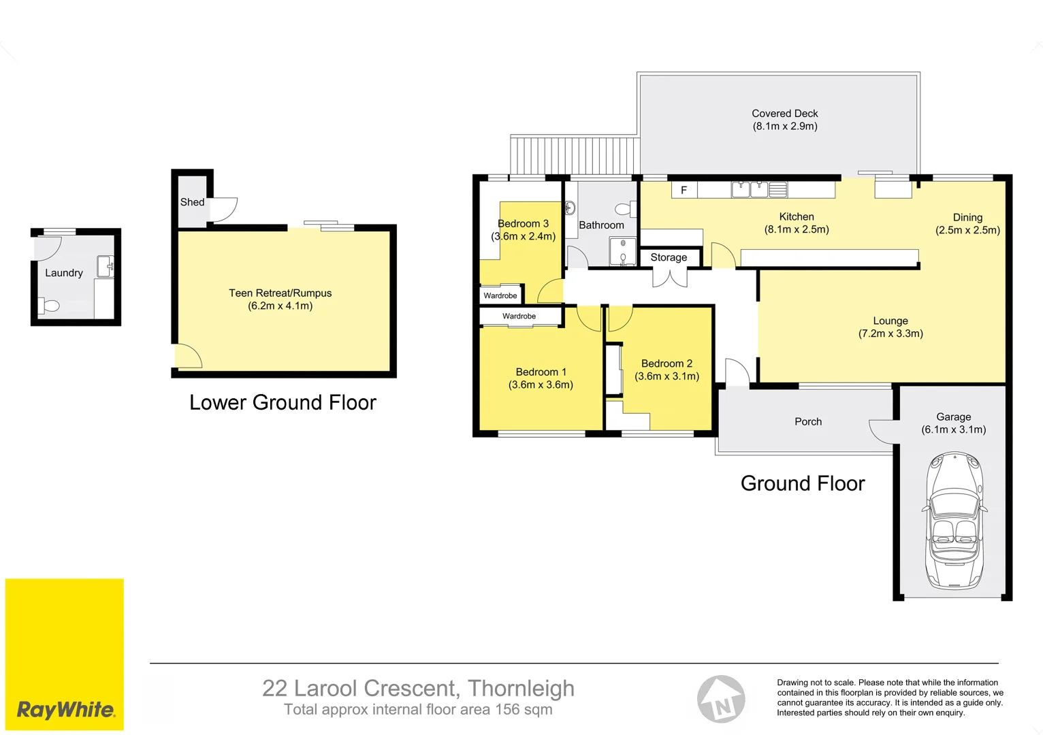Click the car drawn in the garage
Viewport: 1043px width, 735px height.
[x=954, y=521]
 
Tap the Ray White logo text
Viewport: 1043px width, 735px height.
[x=65, y=710]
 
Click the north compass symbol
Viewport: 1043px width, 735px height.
[x=721, y=699]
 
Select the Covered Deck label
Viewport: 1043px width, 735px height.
[x=784, y=114]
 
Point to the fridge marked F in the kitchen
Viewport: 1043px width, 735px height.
[x=684, y=190]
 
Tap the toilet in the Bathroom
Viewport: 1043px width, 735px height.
[x=623, y=209]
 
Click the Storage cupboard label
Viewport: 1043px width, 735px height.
[x=669, y=257]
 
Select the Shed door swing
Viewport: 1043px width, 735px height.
[x=223, y=209]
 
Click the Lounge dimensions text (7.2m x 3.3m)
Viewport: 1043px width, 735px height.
[x=890, y=333]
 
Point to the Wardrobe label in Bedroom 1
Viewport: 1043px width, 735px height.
[x=519, y=316]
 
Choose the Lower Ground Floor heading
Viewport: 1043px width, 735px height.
[x=283, y=403]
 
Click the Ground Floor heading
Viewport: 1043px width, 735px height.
[x=803, y=484]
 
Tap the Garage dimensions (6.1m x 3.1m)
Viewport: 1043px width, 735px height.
[x=953, y=429]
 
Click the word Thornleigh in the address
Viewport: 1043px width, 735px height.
[x=521, y=688]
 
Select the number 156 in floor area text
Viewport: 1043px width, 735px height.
[x=508, y=710]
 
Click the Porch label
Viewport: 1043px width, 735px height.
[x=808, y=422]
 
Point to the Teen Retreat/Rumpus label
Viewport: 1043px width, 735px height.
[x=280, y=293]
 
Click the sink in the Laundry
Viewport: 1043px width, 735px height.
[x=106, y=266]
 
